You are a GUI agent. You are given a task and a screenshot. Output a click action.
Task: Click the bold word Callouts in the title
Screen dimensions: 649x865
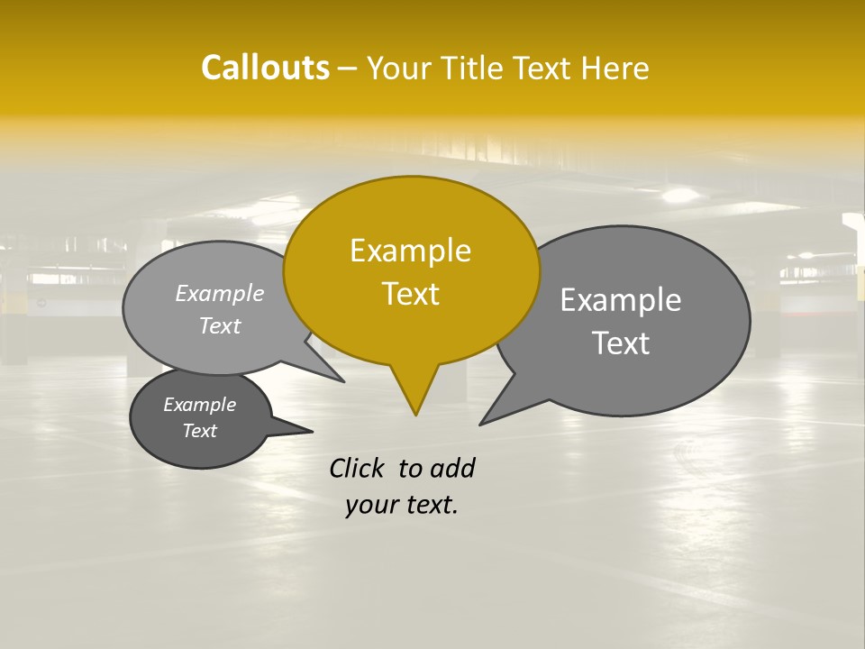pos(265,68)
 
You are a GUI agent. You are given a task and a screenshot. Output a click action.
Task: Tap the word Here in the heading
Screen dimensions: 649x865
pos(613,69)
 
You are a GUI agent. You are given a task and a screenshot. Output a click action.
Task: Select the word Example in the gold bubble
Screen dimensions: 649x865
pos(410,251)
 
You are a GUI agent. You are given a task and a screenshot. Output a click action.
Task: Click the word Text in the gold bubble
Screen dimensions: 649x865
pos(410,294)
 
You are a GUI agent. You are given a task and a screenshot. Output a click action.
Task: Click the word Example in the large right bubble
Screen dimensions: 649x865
pos(620,300)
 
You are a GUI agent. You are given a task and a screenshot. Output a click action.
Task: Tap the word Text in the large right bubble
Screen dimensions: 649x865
pos(620,343)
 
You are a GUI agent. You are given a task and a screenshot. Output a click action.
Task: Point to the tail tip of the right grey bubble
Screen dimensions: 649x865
pos(481,423)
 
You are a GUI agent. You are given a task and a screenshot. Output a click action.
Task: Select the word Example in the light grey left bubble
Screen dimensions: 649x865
pos(219,294)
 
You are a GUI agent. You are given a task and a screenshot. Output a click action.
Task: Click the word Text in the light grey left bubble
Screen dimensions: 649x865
pos(219,326)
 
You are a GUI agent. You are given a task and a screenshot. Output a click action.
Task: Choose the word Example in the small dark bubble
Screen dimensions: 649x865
pos(199,405)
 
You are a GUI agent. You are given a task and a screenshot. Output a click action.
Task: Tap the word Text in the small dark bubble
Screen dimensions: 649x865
pos(199,431)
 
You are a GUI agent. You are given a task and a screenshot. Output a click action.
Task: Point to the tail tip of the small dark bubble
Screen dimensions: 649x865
pos(312,431)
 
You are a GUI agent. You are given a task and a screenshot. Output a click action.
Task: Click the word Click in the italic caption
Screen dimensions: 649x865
pos(359,469)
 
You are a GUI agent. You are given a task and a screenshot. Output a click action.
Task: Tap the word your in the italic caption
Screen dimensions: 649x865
pos(370,505)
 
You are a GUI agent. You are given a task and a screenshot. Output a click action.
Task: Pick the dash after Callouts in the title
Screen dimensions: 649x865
pos(348,69)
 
